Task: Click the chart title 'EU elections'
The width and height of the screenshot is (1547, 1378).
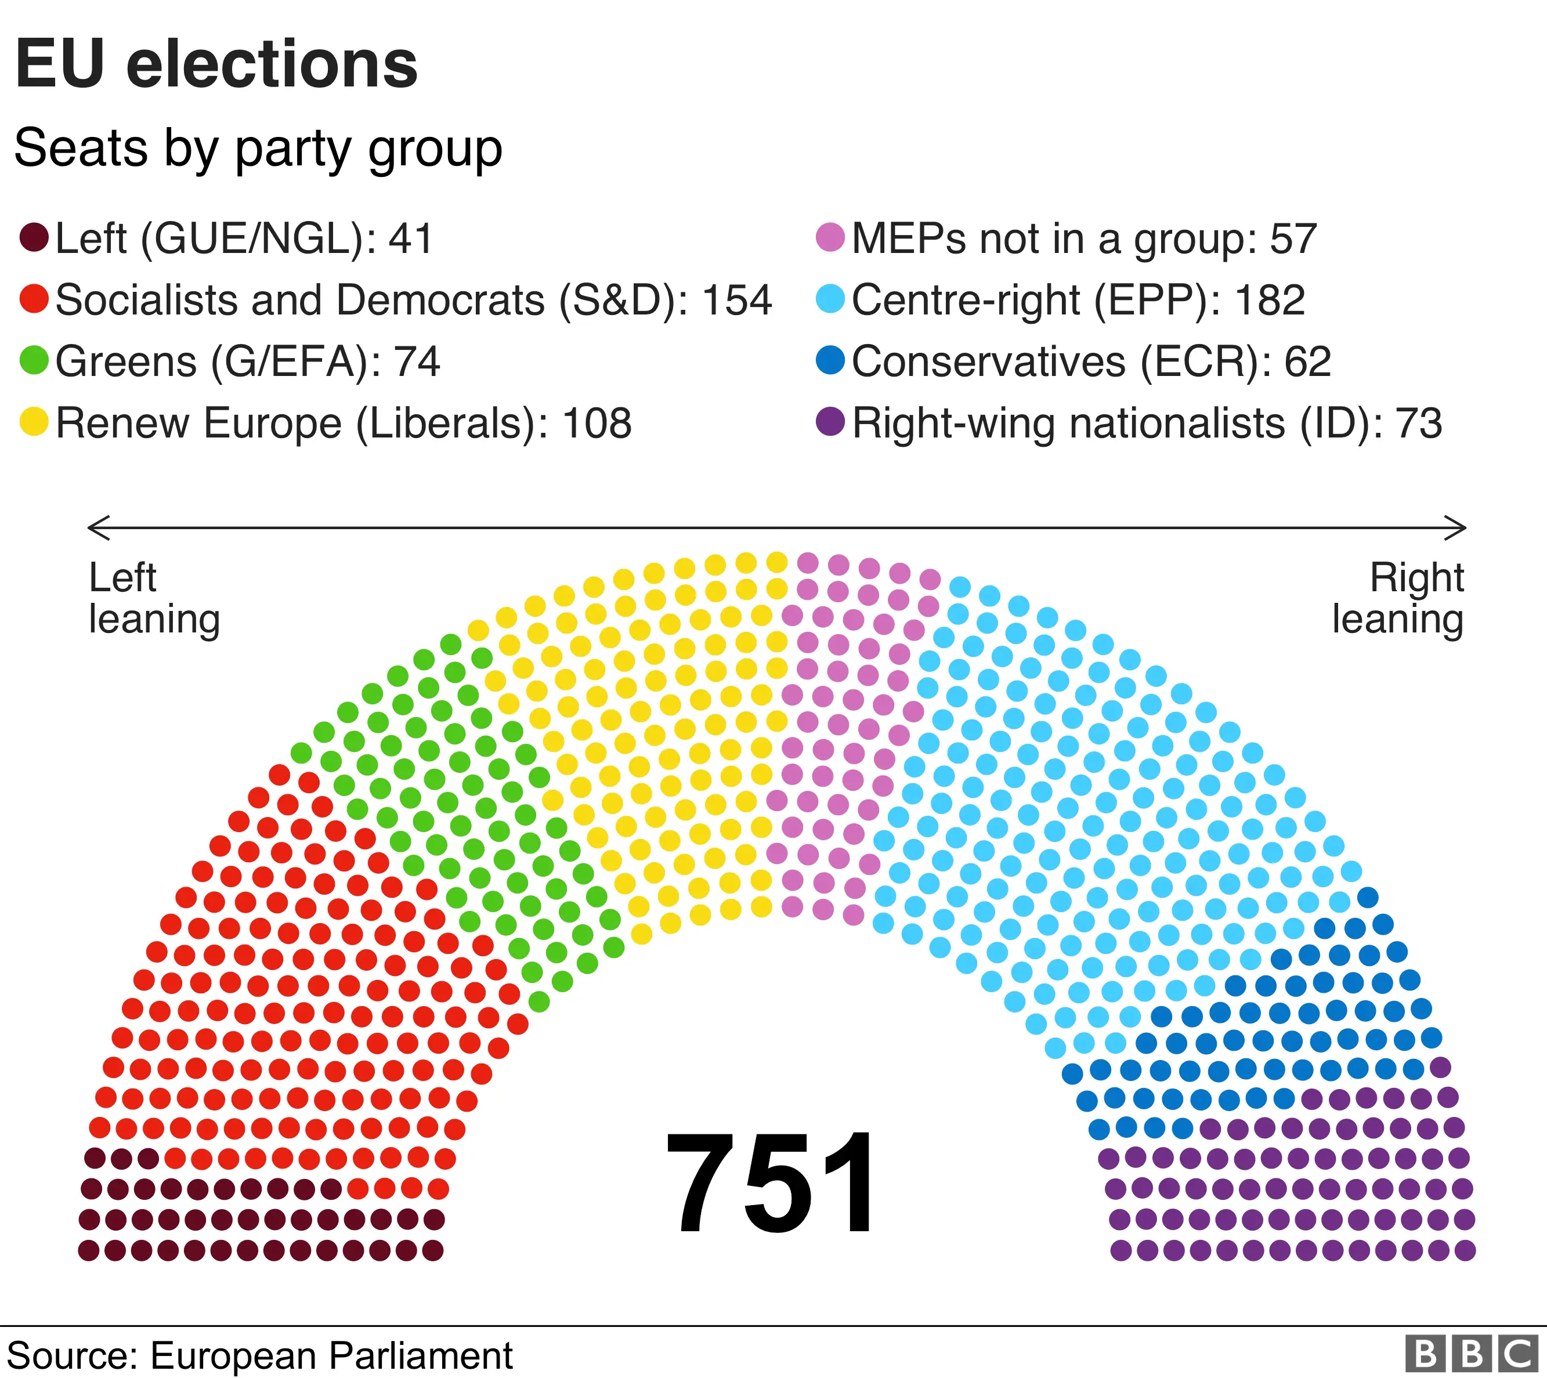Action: tap(216, 64)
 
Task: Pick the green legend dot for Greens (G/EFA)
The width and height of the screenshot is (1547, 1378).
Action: tap(34, 360)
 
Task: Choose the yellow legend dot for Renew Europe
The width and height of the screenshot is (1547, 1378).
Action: tap(34, 422)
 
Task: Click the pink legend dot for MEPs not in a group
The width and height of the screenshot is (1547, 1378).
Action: tap(830, 238)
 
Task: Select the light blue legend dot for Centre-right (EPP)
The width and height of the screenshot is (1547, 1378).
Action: tap(830, 299)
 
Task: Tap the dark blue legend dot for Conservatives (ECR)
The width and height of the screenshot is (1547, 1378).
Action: tap(830, 360)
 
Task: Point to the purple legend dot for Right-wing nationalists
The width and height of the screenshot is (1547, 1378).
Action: tap(830, 422)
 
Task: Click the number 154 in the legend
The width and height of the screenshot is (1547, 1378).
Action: tap(737, 300)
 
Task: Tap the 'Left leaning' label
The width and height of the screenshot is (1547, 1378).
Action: tap(154, 598)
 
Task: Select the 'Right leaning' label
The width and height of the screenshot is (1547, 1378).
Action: tap(1398, 598)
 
